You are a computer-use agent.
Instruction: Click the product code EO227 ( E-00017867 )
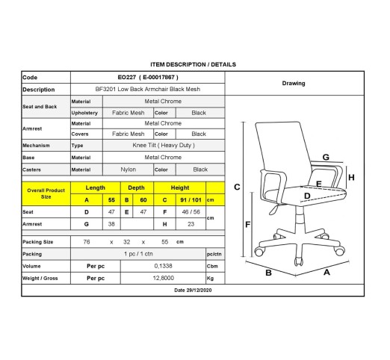click(x=148, y=77)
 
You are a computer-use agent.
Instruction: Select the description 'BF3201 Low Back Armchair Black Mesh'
click(x=148, y=89)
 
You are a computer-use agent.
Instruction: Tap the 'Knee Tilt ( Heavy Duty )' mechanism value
click(x=164, y=145)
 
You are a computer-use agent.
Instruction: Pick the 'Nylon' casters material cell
click(x=129, y=170)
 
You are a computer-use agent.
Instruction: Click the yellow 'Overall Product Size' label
click(x=46, y=193)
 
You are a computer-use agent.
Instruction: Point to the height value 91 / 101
click(x=191, y=200)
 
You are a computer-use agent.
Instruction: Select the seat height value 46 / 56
click(x=191, y=212)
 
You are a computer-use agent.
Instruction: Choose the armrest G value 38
click(x=111, y=224)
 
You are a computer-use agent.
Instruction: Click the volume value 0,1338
click(x=163, y=266)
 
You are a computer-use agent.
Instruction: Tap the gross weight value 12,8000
click(x=164, y=278)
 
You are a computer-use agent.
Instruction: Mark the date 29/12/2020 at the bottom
click(x=193, y=290)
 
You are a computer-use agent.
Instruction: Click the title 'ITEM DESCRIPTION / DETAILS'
click(x=193, y=64)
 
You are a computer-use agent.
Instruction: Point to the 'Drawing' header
click(x=294, y=83)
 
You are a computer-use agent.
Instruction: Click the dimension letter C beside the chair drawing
click(x=237, y=187)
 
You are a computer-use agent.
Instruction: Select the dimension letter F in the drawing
click(x=247, y=225)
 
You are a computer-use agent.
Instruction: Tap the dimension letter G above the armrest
click(x=326, y=157)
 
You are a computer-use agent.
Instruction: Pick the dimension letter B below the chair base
click(x=268, y=273)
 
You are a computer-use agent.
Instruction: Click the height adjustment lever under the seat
click(x=275, y=208)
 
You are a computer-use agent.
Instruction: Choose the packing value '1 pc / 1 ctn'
click(x=138, y=254)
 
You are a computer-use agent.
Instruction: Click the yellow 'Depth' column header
click(x=136, y=187)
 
